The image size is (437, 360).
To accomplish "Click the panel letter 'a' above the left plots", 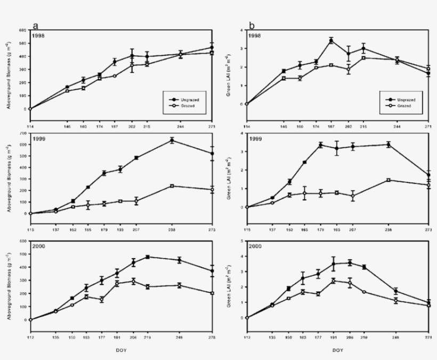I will tap(36, 25).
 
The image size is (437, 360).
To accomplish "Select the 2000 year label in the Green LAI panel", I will tap(255, 247).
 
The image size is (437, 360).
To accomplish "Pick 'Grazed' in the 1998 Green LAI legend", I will tap(402, 106).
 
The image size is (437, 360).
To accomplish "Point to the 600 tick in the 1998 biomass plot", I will tap(23, 30).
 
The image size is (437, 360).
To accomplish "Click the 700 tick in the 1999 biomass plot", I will tap(23, 133).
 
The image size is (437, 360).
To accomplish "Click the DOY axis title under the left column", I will tap(122, 350).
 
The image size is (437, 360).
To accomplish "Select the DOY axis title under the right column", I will tap(338, 350).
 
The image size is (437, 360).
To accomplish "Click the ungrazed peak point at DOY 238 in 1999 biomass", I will tap(172, 140).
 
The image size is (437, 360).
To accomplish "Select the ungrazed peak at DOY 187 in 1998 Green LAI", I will tap(331, 41).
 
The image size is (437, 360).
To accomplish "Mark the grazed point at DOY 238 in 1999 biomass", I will tap(172, 186).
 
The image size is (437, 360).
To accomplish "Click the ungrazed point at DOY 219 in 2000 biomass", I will tap(147, 257).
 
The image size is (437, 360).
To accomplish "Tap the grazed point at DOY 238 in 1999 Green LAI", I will tap(388, 180).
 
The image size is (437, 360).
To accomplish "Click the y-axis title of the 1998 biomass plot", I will tap(9, 69).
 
